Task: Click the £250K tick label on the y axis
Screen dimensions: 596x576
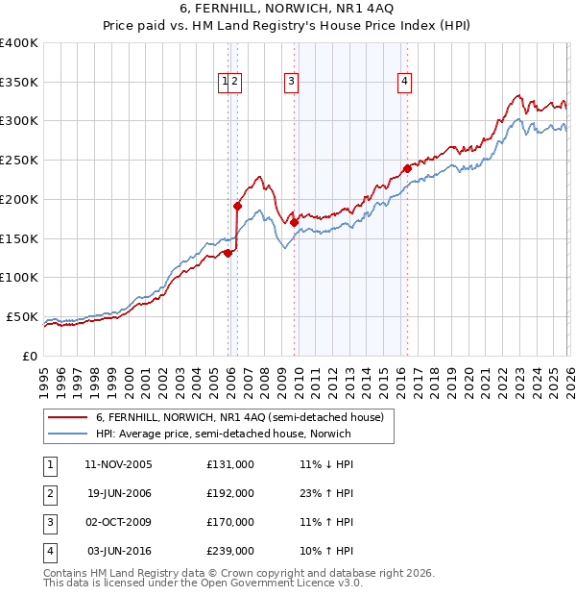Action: pyautogui.click(x=19, y=160)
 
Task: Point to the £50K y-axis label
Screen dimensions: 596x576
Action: pyautogui.click(x=22, y=316)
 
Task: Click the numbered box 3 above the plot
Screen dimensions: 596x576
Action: pyautogui.click(x=290, y=83)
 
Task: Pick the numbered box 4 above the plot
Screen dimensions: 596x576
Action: pyautogui.click(x=405, y=83)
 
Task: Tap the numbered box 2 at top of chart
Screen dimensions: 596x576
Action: pyautogui.click(x=234, y=83)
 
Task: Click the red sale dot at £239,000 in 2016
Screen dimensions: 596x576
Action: pyautogui.click(x=407, y=168)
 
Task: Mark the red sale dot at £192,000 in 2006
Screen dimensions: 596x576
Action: pyautogui.click(x=237, y=205)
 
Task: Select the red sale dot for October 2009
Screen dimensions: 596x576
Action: pyautogui.click(x=294, y=222)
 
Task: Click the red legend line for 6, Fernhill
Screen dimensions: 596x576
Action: pyautogui.click(x=67, y=417)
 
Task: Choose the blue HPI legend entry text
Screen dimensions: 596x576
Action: pyautogui.click(x=224, y=434)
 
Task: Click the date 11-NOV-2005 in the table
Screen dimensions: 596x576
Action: pyautogui.click(x=118, y=463)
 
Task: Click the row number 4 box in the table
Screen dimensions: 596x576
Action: pyautogui.click(x=48, y=551)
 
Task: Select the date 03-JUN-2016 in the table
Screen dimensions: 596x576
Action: pyautogui.click(x=118, y=551)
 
